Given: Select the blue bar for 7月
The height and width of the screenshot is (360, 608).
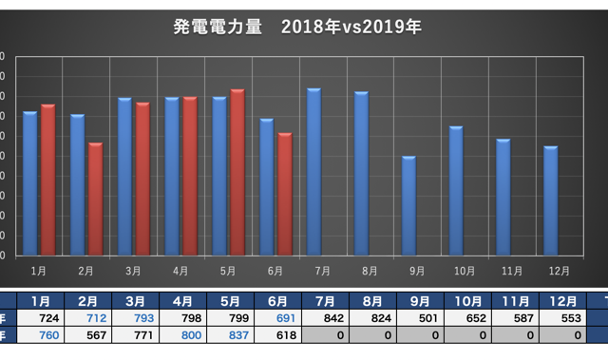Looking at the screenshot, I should [x=313, y=172].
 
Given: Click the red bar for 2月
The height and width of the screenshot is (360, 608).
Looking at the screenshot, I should [x=95, y=199].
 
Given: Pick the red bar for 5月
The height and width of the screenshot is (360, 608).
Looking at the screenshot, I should [x=237, y=172].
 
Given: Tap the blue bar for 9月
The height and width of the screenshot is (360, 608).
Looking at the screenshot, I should [x=408, y=205].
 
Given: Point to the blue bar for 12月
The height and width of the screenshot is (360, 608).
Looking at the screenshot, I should [x=550, y=200].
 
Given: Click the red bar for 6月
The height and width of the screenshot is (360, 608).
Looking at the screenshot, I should [x=285, y=194].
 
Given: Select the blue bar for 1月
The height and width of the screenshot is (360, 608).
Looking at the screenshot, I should [x=29, y=183].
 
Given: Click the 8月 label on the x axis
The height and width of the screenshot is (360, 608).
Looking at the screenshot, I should [x=370, y=271].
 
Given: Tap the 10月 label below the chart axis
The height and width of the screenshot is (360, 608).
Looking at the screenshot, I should [x=464, y=271].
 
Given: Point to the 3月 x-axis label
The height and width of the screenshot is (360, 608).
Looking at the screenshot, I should [x=133, y=271].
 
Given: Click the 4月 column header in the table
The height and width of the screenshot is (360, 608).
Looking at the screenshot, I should [x=180, y=301].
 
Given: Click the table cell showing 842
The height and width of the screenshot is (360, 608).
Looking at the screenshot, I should [x=323, y=318].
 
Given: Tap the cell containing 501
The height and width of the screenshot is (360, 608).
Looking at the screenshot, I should [x=418, y=318].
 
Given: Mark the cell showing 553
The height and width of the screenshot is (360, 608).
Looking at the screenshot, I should [x=560, y=318].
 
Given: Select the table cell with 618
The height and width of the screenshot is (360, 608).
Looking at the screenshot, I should [x=275, y=335].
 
